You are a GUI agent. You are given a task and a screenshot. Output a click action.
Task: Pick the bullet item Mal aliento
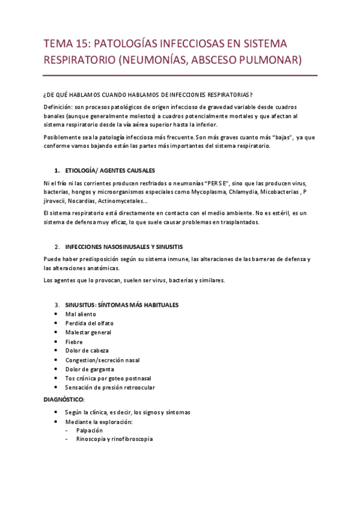click(81, 314)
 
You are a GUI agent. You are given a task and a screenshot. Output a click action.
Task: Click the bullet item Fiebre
click(74, 342)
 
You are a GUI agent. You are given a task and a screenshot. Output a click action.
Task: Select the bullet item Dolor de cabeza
click(87, 351)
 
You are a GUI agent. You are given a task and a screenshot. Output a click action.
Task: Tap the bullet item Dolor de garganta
click(90, 369)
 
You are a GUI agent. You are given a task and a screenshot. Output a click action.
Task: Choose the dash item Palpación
click(90, 430)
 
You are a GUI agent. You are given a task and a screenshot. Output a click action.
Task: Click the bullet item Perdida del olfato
click(90, 323)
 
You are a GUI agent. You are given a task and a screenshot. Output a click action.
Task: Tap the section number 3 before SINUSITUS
click(56, 305)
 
